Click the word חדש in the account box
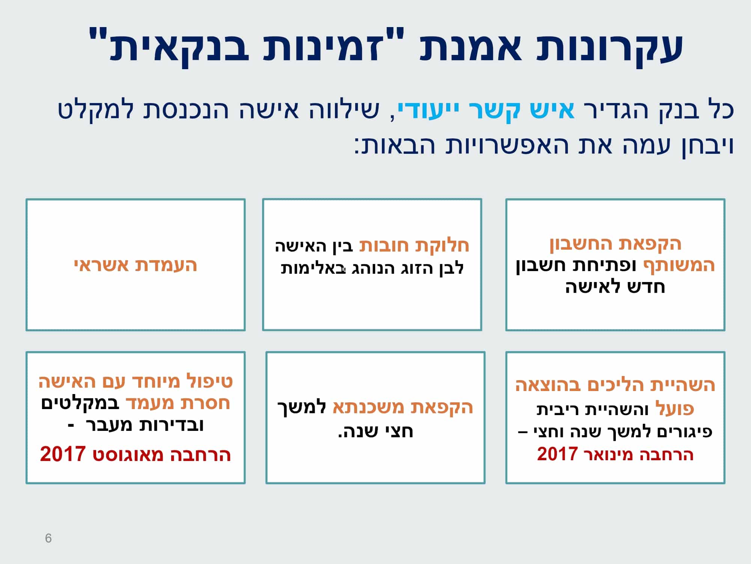coord(646,287)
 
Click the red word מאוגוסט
coord(128,455)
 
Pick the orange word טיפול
coord(210,382)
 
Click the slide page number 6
coord(48,538)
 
